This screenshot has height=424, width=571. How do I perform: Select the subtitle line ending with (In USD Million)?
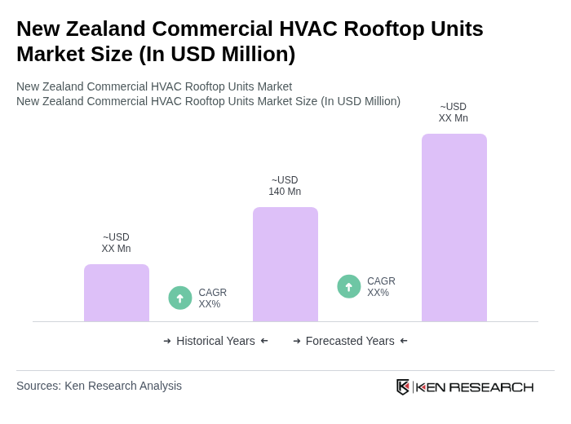click(208, 101)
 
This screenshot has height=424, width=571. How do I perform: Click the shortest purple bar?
click(117, 293)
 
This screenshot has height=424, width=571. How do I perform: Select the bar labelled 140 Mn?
click(285, 264)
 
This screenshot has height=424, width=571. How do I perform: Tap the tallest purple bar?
click(454, 227)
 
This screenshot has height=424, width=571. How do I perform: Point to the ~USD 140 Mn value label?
click(285, 186)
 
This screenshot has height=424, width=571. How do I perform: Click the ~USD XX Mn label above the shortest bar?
click(116, 243)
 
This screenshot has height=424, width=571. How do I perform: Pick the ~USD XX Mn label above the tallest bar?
click(454, 113)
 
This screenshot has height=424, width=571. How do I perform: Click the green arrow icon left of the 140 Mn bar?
click(180, 298)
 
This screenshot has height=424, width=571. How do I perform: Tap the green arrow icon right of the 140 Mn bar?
click(349, 286)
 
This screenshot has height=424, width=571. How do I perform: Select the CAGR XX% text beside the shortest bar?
click(212, 298)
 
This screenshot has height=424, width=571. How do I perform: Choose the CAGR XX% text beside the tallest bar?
click(381, 287)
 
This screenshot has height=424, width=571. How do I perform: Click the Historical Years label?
click(215, 341)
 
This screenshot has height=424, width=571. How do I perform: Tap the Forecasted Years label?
click(350, 341)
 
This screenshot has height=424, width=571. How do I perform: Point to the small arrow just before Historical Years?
click(167, 341)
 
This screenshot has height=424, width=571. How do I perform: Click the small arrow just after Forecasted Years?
click(404, 341)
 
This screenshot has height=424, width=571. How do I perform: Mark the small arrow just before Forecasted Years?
click(297, 341)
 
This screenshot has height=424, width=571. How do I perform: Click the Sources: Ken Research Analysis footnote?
click(99, 386)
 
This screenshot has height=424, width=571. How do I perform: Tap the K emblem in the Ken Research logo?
click(403, 386)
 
